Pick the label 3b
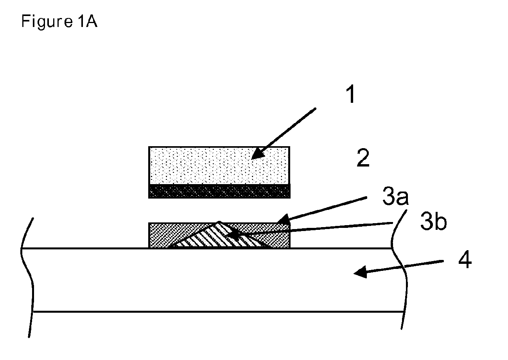coord(433,224)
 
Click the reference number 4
coord(465,260)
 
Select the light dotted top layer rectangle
coord(219,165)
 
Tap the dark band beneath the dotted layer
coord(219,191)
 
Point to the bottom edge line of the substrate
coord(219,312)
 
